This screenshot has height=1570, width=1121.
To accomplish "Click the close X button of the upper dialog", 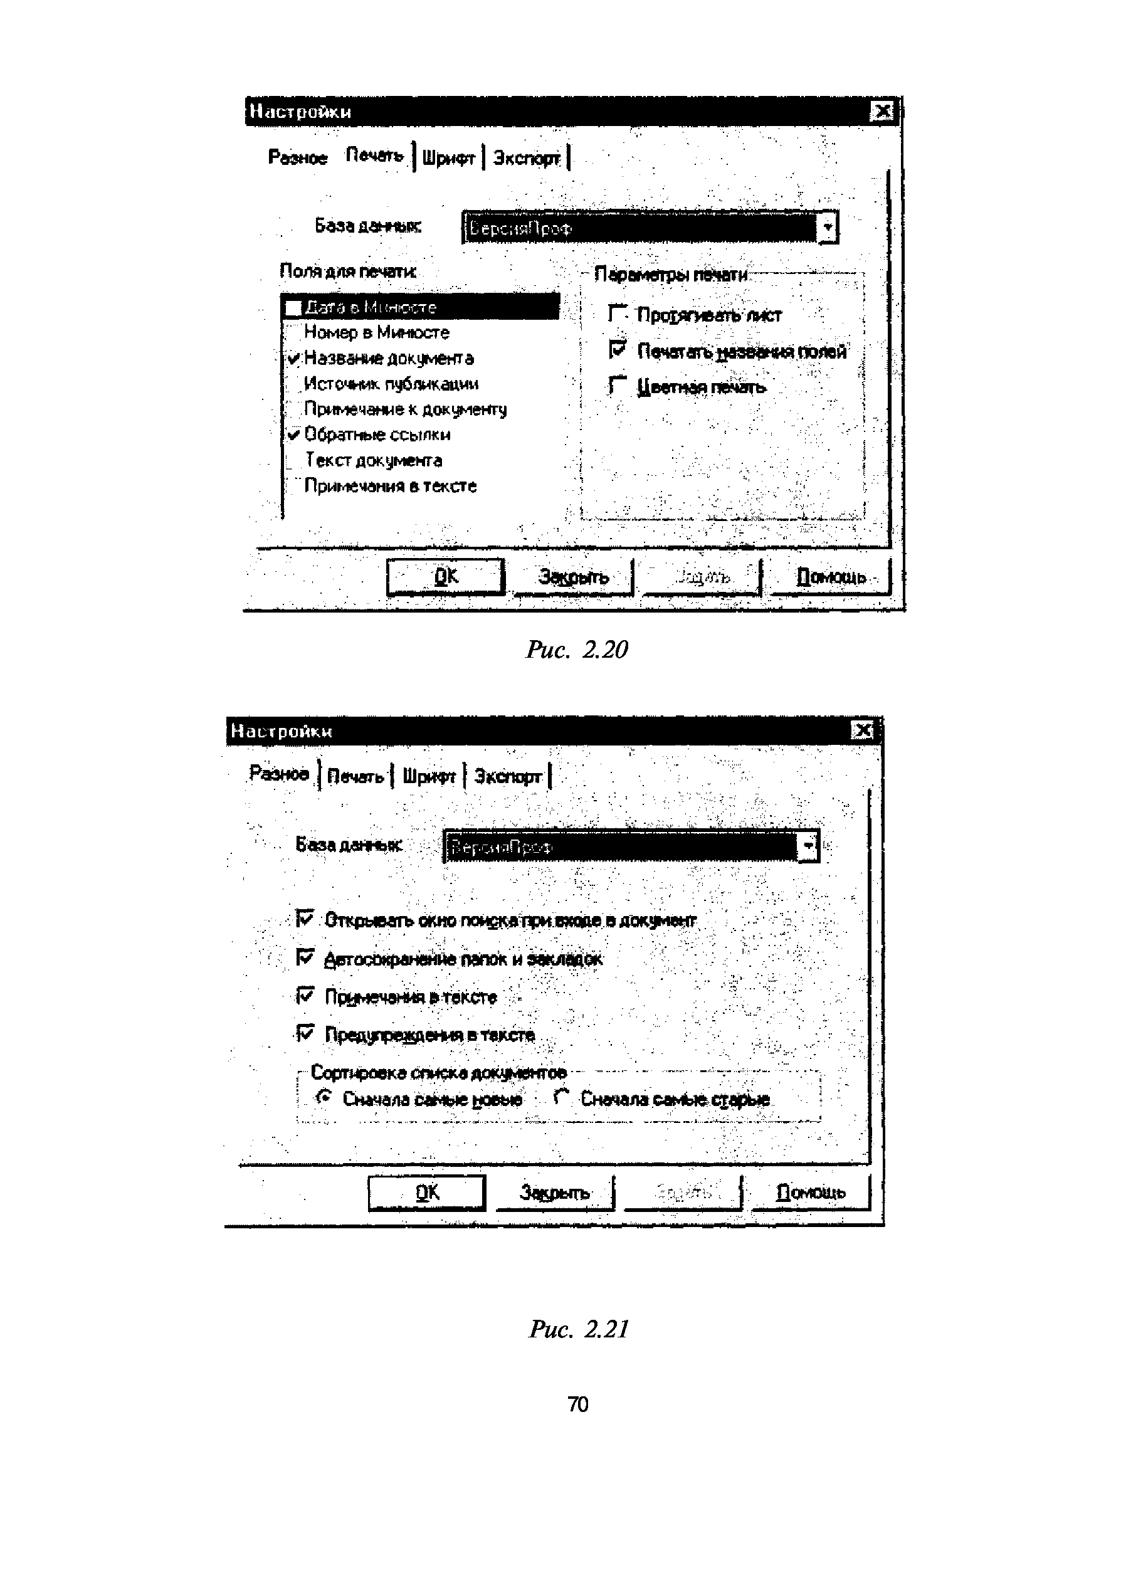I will pos(882,111).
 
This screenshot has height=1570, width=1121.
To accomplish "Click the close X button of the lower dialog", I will pos(863,730).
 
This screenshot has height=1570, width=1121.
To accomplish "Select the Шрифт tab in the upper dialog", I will pos(448,158).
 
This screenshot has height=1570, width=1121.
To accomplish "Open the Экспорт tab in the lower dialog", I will pos(507,776).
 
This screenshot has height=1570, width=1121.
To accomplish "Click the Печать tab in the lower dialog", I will pos(355,776).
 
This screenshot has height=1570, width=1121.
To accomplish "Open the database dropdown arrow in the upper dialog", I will pos(828,228).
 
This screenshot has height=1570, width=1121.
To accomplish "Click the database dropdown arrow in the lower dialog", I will pos(808,846).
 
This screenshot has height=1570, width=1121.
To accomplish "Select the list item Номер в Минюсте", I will pos(377,333).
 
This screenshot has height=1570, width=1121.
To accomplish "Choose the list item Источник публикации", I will pos(391,384).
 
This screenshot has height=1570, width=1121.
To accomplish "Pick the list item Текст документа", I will pos(374,460).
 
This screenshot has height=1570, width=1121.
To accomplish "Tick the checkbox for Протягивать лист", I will pos(617,314).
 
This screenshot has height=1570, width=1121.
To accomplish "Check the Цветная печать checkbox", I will pos(617,385).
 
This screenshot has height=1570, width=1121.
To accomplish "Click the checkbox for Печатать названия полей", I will pos(617,350).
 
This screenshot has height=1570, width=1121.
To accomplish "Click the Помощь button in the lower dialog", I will pos(811,1192).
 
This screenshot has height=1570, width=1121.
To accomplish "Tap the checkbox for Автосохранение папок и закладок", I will pos(305,957).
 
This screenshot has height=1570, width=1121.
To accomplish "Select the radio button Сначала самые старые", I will pos(562,1097).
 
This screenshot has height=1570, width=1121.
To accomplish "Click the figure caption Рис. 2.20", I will pos(576,650).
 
